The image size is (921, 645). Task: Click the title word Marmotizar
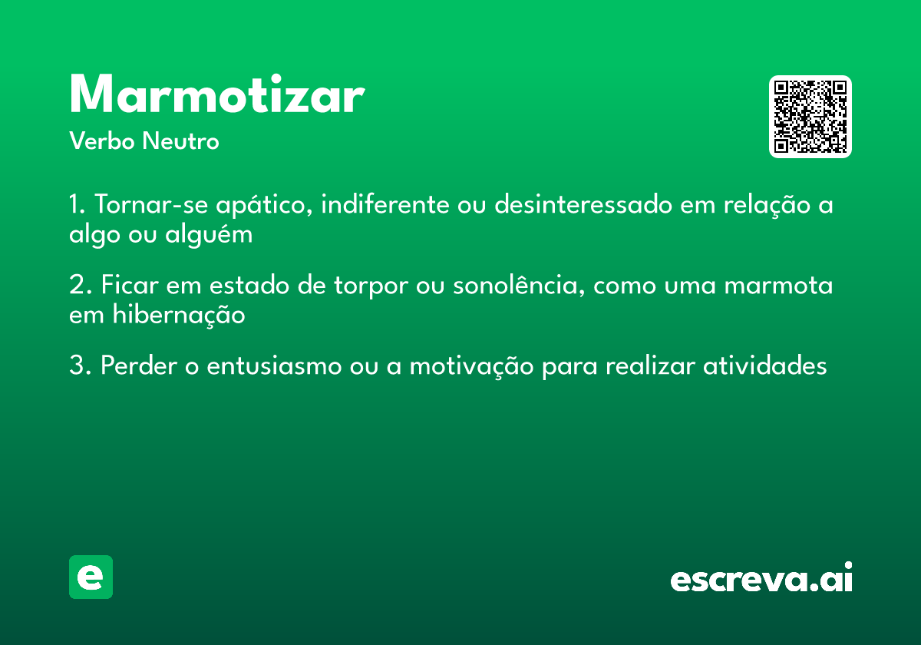tap(216, 95)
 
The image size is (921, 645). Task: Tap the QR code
tap(810, 117)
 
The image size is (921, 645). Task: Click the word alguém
tap(209, 234)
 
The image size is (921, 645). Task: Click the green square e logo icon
tap(91, 577)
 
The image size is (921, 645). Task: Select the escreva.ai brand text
tap(761, 578)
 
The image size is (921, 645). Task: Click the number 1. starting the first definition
tap(77, 205)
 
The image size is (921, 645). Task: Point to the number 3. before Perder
tap(80, 366)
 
